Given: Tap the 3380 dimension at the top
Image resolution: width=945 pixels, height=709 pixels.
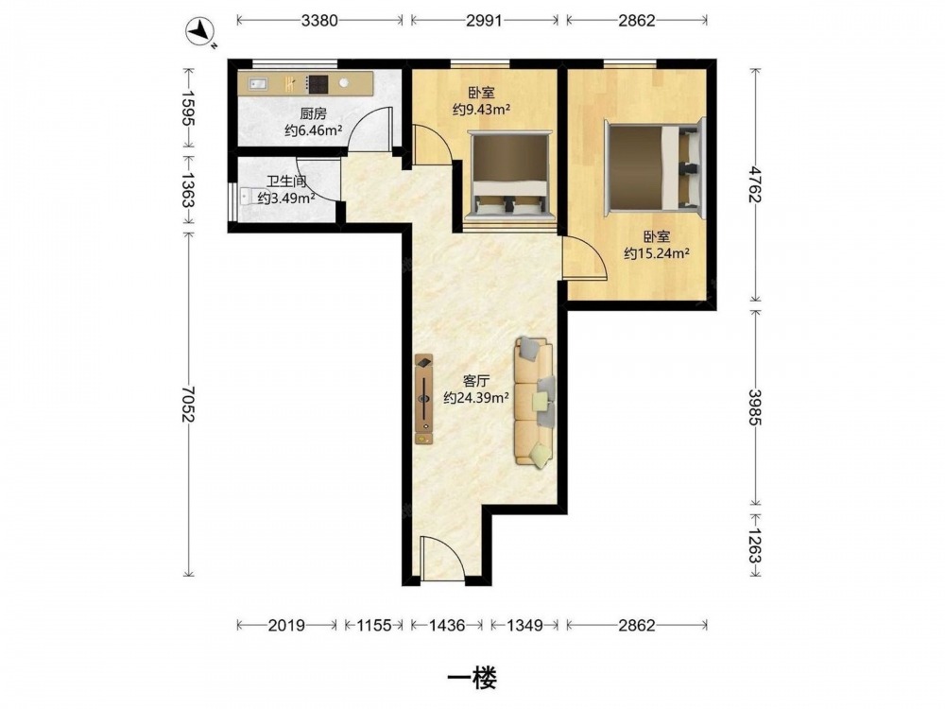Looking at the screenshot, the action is pyautogui.click(x=319, y=21).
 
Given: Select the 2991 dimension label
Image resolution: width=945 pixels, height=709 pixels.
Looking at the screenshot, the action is pyautogui.click(x=484, y=21).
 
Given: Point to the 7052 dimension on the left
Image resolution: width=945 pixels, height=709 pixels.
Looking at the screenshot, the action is pyautogui.click(x=189, y=404).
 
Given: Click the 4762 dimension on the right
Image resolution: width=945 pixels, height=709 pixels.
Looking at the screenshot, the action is pyautogui.click(x=755, y=184).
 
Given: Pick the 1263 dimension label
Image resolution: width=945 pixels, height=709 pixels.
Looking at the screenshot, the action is pyautogui.click(x=755, y=545).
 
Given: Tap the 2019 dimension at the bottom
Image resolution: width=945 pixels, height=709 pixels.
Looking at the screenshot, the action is pyautogui.click(x=287, y=625).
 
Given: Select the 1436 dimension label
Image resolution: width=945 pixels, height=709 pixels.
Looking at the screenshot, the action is pyautogui.click(x=447, y=625).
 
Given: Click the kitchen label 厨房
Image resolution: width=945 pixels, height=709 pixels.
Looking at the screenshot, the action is pyautogui.click(x=313, y=113).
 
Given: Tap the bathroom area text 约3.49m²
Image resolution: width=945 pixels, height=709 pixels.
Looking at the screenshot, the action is pyautogui.click(x=287, y=198).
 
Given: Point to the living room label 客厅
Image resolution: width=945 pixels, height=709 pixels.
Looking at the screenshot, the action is pyautogui.click(x=475, y=381).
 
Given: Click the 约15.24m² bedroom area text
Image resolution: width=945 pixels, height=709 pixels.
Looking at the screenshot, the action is pyautogui.click(x=657, y=253).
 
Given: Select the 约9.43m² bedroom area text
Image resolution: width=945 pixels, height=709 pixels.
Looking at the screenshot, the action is pyautogui.click(x=482, y=109).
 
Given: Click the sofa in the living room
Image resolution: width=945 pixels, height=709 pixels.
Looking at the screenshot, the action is pyautogui.click(x=535, y=402).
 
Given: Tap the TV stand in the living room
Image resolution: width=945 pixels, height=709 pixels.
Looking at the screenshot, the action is pyautogui.click(x=423, y=399).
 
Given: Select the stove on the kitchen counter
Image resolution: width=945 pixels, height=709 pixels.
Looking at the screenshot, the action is pyautogui.click(x=317, y=84).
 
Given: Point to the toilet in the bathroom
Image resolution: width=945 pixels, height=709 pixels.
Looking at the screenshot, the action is pyautogui.click(x=247, y=197).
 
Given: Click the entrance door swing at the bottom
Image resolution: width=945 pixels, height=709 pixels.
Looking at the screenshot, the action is pyautogui.click(x=441, y=559).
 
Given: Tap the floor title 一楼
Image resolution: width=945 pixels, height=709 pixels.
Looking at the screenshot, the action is pyautogui.click(x=472, y=679).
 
